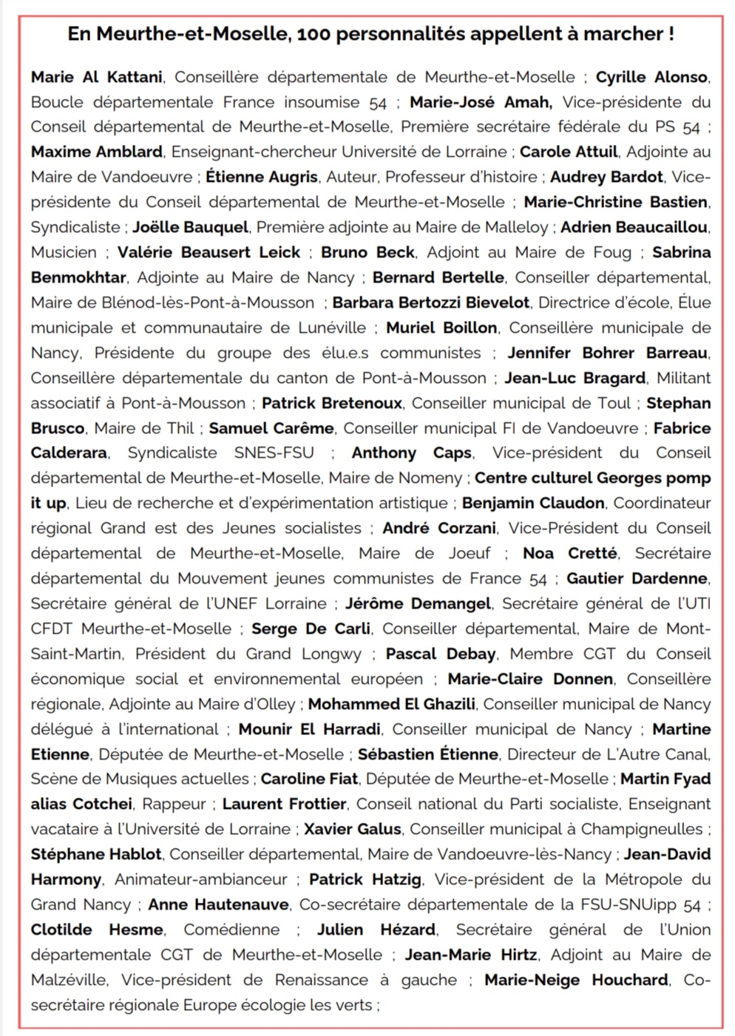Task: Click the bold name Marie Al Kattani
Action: (96, 77)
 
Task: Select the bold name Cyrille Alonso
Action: (652, 77)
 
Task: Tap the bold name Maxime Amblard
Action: (96, 152)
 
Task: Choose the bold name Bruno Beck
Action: (367, 252)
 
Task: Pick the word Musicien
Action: (64, 252)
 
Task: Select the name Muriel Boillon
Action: (441, 328)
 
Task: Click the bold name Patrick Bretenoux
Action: (332, 403)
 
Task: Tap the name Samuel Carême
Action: (271, 428)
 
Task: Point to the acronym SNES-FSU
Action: (274, 453)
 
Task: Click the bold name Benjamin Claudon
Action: (533, 503)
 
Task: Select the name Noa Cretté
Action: (569, 553)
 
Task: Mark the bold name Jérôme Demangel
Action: (418, 603)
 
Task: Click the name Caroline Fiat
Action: (309, 779)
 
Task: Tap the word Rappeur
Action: (174, 804)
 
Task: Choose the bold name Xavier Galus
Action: (353, 829)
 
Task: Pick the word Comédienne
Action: (231, 930)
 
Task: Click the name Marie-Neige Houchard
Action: (576, 980)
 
